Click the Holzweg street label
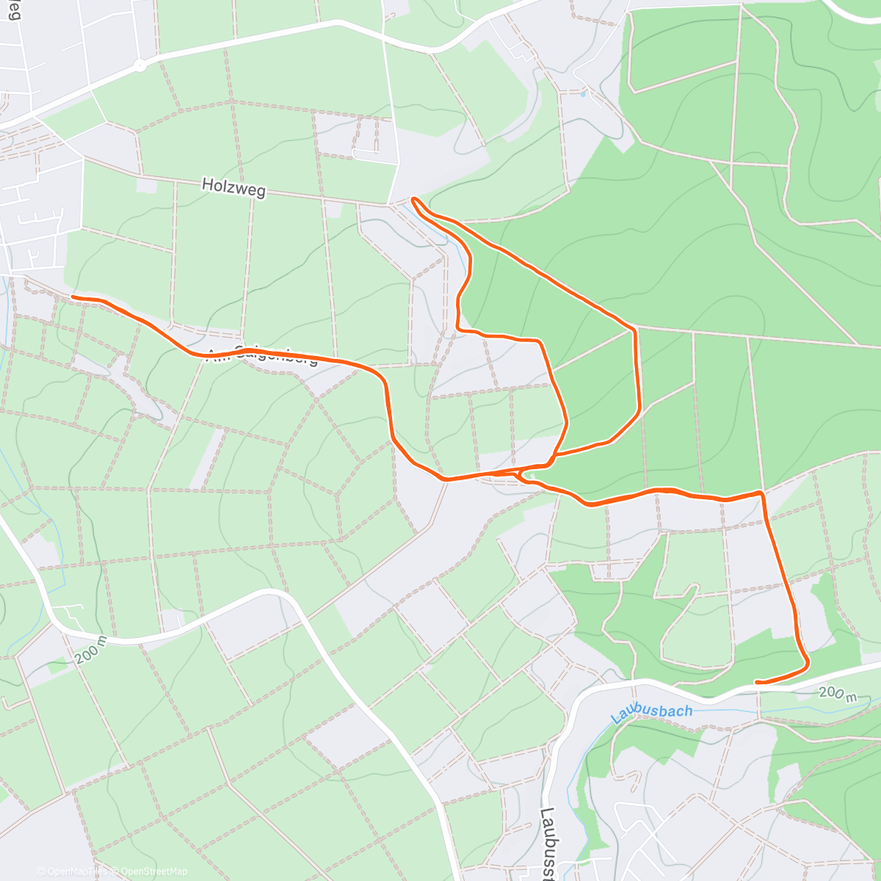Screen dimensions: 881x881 (x=233, y=189)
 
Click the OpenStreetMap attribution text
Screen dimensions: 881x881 (x=153, y=871)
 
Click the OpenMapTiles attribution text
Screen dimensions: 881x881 (x=73, y=871)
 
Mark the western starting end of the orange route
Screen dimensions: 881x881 (x=73, y=297)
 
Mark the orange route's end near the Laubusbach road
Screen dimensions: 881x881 (x=757, y=682)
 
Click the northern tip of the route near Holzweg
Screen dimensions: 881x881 (x=414, y=198)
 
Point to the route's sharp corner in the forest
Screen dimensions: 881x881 (x=635, y=330)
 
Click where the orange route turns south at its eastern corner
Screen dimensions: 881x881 (x=762, y=493)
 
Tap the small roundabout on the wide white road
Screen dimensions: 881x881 (x=139, y=65)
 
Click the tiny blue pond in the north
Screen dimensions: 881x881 (x=583, y=94)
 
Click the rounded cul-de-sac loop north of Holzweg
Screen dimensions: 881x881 (x=355, y=154)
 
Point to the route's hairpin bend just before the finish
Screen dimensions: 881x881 (x=807, y=664)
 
